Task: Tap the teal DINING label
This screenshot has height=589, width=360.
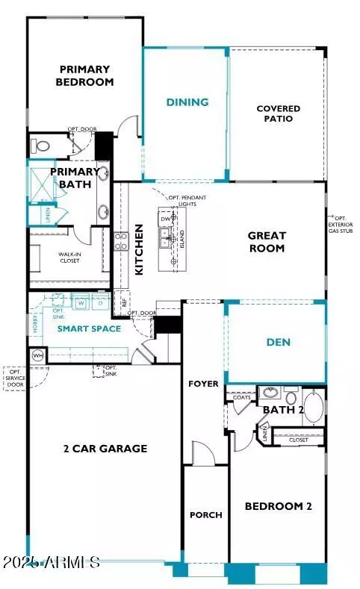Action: coord(187,102)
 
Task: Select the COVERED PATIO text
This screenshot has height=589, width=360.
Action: coord(278,113)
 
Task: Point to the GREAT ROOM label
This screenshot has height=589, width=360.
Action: coord(267,242)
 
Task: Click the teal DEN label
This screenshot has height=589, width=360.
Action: coord(278,343)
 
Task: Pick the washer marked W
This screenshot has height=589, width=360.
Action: coord(81,304)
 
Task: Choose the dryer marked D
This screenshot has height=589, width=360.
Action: coord(99,304)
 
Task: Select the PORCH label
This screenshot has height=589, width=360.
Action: coord(205,515)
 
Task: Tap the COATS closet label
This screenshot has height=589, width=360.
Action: coord(241,398)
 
